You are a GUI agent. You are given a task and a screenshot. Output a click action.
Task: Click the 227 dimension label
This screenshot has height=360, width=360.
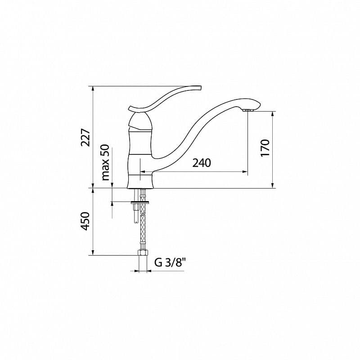click(x=85, y=138)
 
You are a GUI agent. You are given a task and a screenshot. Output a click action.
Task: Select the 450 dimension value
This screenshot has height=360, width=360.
click(x=85, y=221)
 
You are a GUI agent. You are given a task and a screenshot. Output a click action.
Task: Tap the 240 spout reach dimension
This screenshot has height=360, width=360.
click(x=202, y=163)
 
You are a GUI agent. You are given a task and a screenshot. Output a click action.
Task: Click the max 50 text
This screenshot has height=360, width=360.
click(x=105, y=162)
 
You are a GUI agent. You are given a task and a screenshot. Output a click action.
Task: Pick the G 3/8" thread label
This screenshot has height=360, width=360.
click(x=169, y=263)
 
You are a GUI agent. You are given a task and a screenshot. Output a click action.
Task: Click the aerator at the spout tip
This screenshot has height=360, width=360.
click(x=247, y=110)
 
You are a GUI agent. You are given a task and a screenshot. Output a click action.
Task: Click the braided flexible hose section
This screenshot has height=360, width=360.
click(x=143, y=229)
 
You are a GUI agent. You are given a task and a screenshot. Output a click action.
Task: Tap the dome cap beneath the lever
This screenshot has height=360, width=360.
click(x=139, y=121)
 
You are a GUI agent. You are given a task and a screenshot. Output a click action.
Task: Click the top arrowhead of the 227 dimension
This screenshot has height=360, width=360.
click(x=93, y=88)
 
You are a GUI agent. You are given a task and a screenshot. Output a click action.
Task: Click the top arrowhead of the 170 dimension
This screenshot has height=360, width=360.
click(x=273, y=113)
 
